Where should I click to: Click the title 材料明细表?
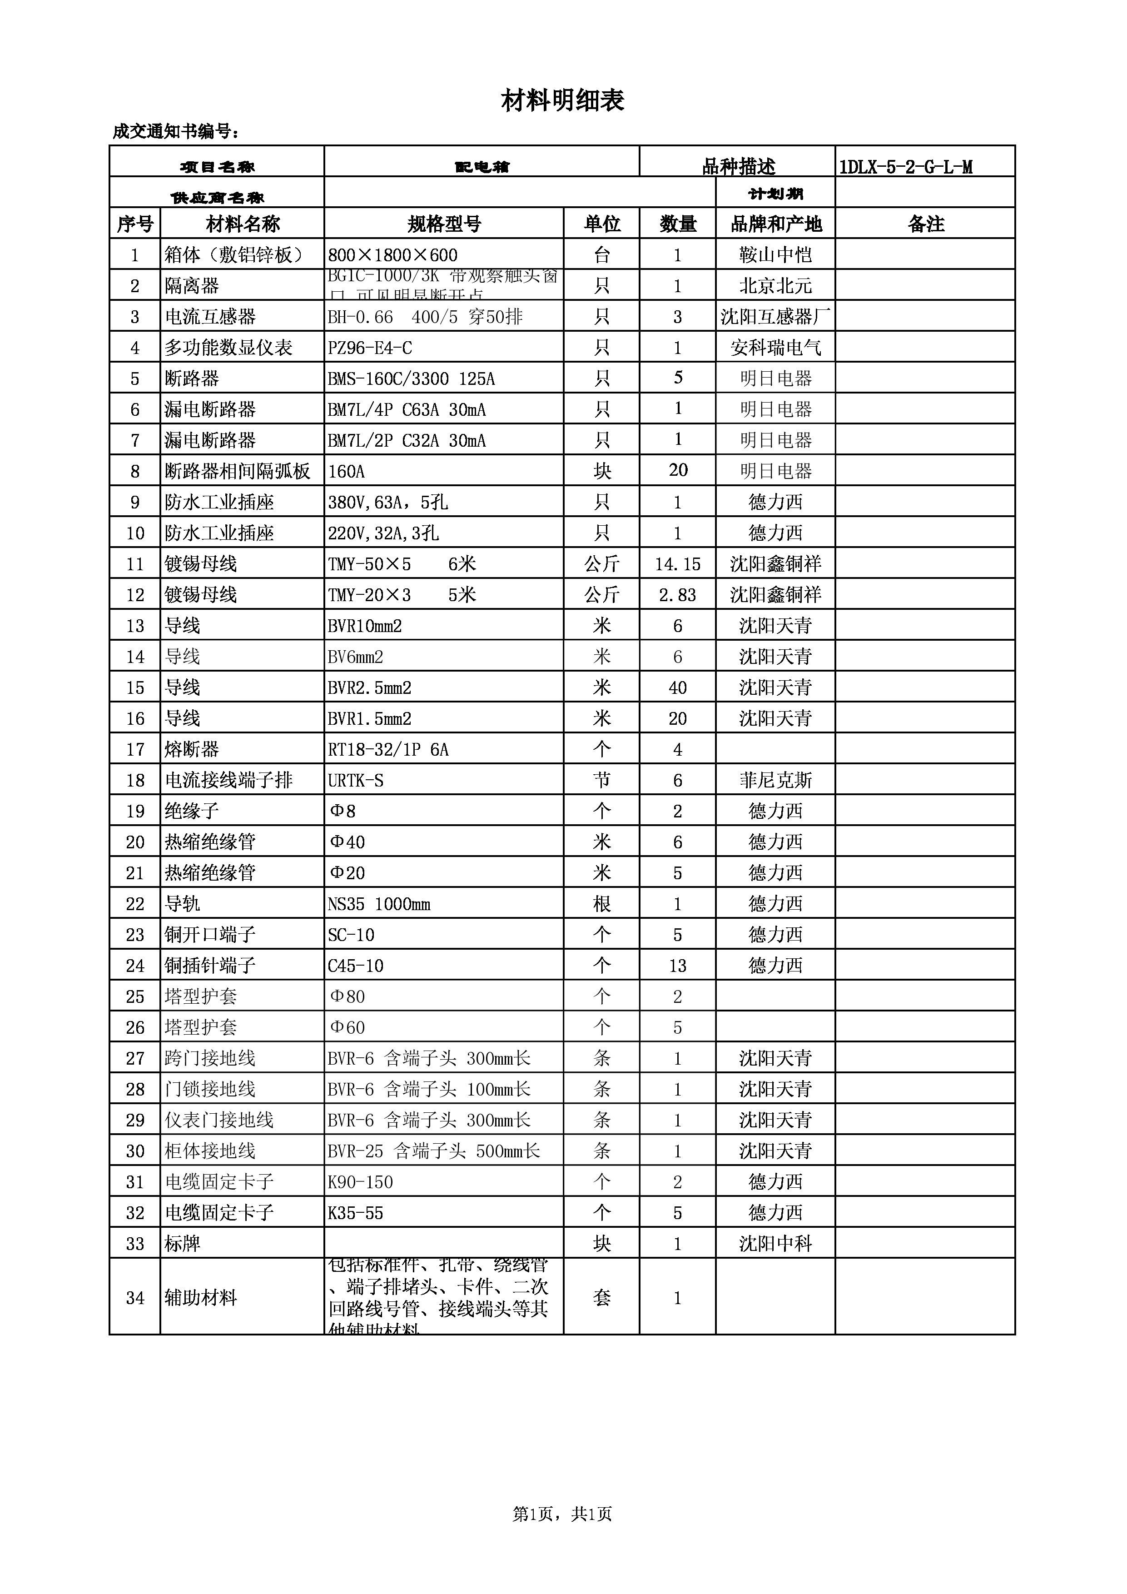[x=563, y=101]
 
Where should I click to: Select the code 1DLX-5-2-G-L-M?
[x=906, y=167]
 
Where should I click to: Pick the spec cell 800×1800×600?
[x=393, y=255]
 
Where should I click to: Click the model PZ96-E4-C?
[x=370, y=348]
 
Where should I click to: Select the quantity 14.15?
[x=677, y=564]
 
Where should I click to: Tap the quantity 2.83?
[x=677, y=595]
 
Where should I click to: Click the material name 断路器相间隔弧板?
[x=237, y=471]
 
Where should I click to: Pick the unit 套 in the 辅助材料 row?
[x=602, y=1298]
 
